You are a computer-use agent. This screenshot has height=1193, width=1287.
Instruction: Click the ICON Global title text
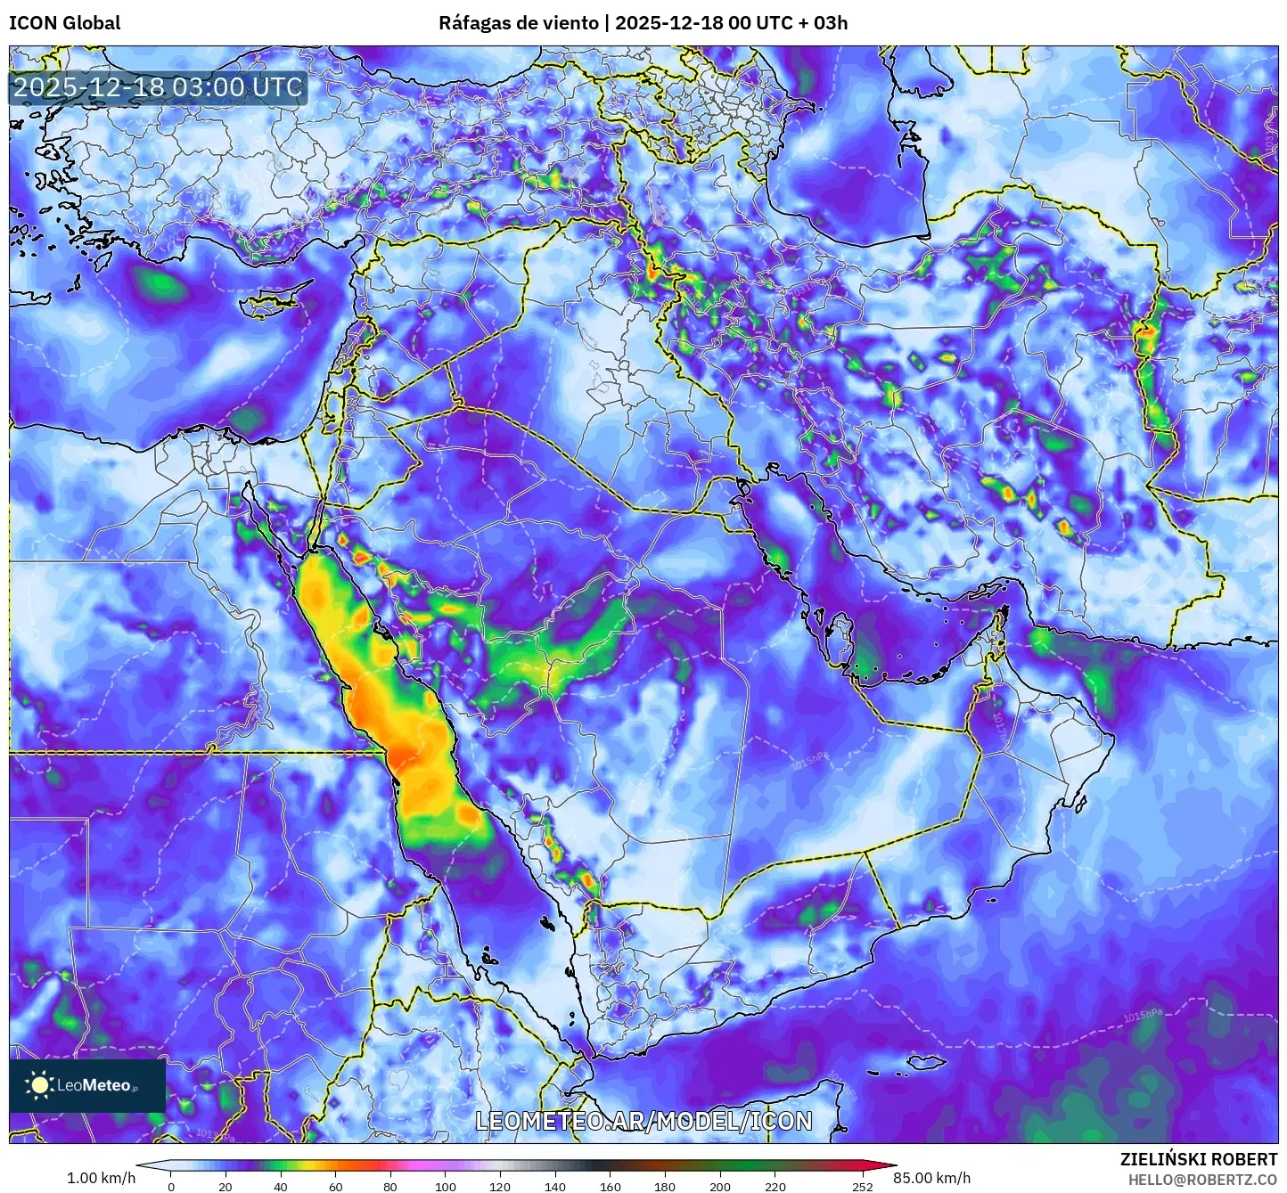point(64,23)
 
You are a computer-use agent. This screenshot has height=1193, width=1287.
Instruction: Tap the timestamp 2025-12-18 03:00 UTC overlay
point(158,87)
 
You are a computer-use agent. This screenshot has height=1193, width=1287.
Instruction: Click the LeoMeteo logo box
point(87,1085)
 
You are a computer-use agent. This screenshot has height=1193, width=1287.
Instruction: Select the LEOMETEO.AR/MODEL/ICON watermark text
point(643,1121)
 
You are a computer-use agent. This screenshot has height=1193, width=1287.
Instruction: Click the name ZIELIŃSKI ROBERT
point(1198,1159)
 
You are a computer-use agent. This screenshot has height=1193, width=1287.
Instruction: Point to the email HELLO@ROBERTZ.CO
point(1202,1180)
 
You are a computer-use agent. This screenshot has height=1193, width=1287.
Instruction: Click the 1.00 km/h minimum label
point(102,1178)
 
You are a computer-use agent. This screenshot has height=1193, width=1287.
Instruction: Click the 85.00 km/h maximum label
point(931,1178)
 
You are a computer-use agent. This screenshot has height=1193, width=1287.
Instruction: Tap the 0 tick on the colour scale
point(171,1186)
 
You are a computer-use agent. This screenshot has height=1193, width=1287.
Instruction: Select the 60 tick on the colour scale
point(336,1186)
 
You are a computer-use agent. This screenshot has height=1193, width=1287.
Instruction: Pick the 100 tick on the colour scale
point(446,1186)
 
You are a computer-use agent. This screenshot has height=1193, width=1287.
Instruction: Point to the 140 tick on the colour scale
point(555,1186)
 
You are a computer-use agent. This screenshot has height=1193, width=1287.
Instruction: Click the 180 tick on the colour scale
point(665,1186)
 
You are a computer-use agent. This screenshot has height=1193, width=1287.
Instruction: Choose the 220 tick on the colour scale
point(775,1186)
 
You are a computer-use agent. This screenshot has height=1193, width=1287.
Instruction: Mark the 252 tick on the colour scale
point(862,1186)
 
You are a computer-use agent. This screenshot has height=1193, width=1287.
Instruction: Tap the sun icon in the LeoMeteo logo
point(39,1085)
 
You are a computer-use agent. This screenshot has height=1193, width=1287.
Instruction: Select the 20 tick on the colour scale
point(225,1186)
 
